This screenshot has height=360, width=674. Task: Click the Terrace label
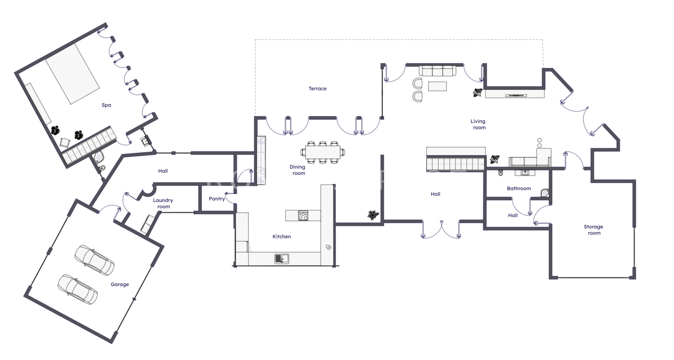[x=318, y=89]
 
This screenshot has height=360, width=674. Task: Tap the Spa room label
[x=106, y=105]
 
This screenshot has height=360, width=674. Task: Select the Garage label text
[x=120, y=285]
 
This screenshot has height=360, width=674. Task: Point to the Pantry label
[x=217, y=199]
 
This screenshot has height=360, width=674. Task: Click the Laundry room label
[x=163, y=204]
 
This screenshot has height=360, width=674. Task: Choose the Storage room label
[x=594, y=230]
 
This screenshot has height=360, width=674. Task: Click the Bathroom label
[x=519, y=188]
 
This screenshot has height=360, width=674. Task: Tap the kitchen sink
[x=282, y=258]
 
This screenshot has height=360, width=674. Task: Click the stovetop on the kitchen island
[x=303, y=215]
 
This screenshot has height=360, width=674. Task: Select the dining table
[x=323, y=152]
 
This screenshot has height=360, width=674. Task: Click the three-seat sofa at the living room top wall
[x=437, y=71]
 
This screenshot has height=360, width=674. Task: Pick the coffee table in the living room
[x=438, y=86]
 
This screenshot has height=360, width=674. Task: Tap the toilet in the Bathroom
[x=501, y=173]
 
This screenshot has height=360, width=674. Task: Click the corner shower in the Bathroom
[x=545, y=193]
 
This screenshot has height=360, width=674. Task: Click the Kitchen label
[x=282, y=236]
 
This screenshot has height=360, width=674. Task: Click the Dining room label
[x=297, y=170]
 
